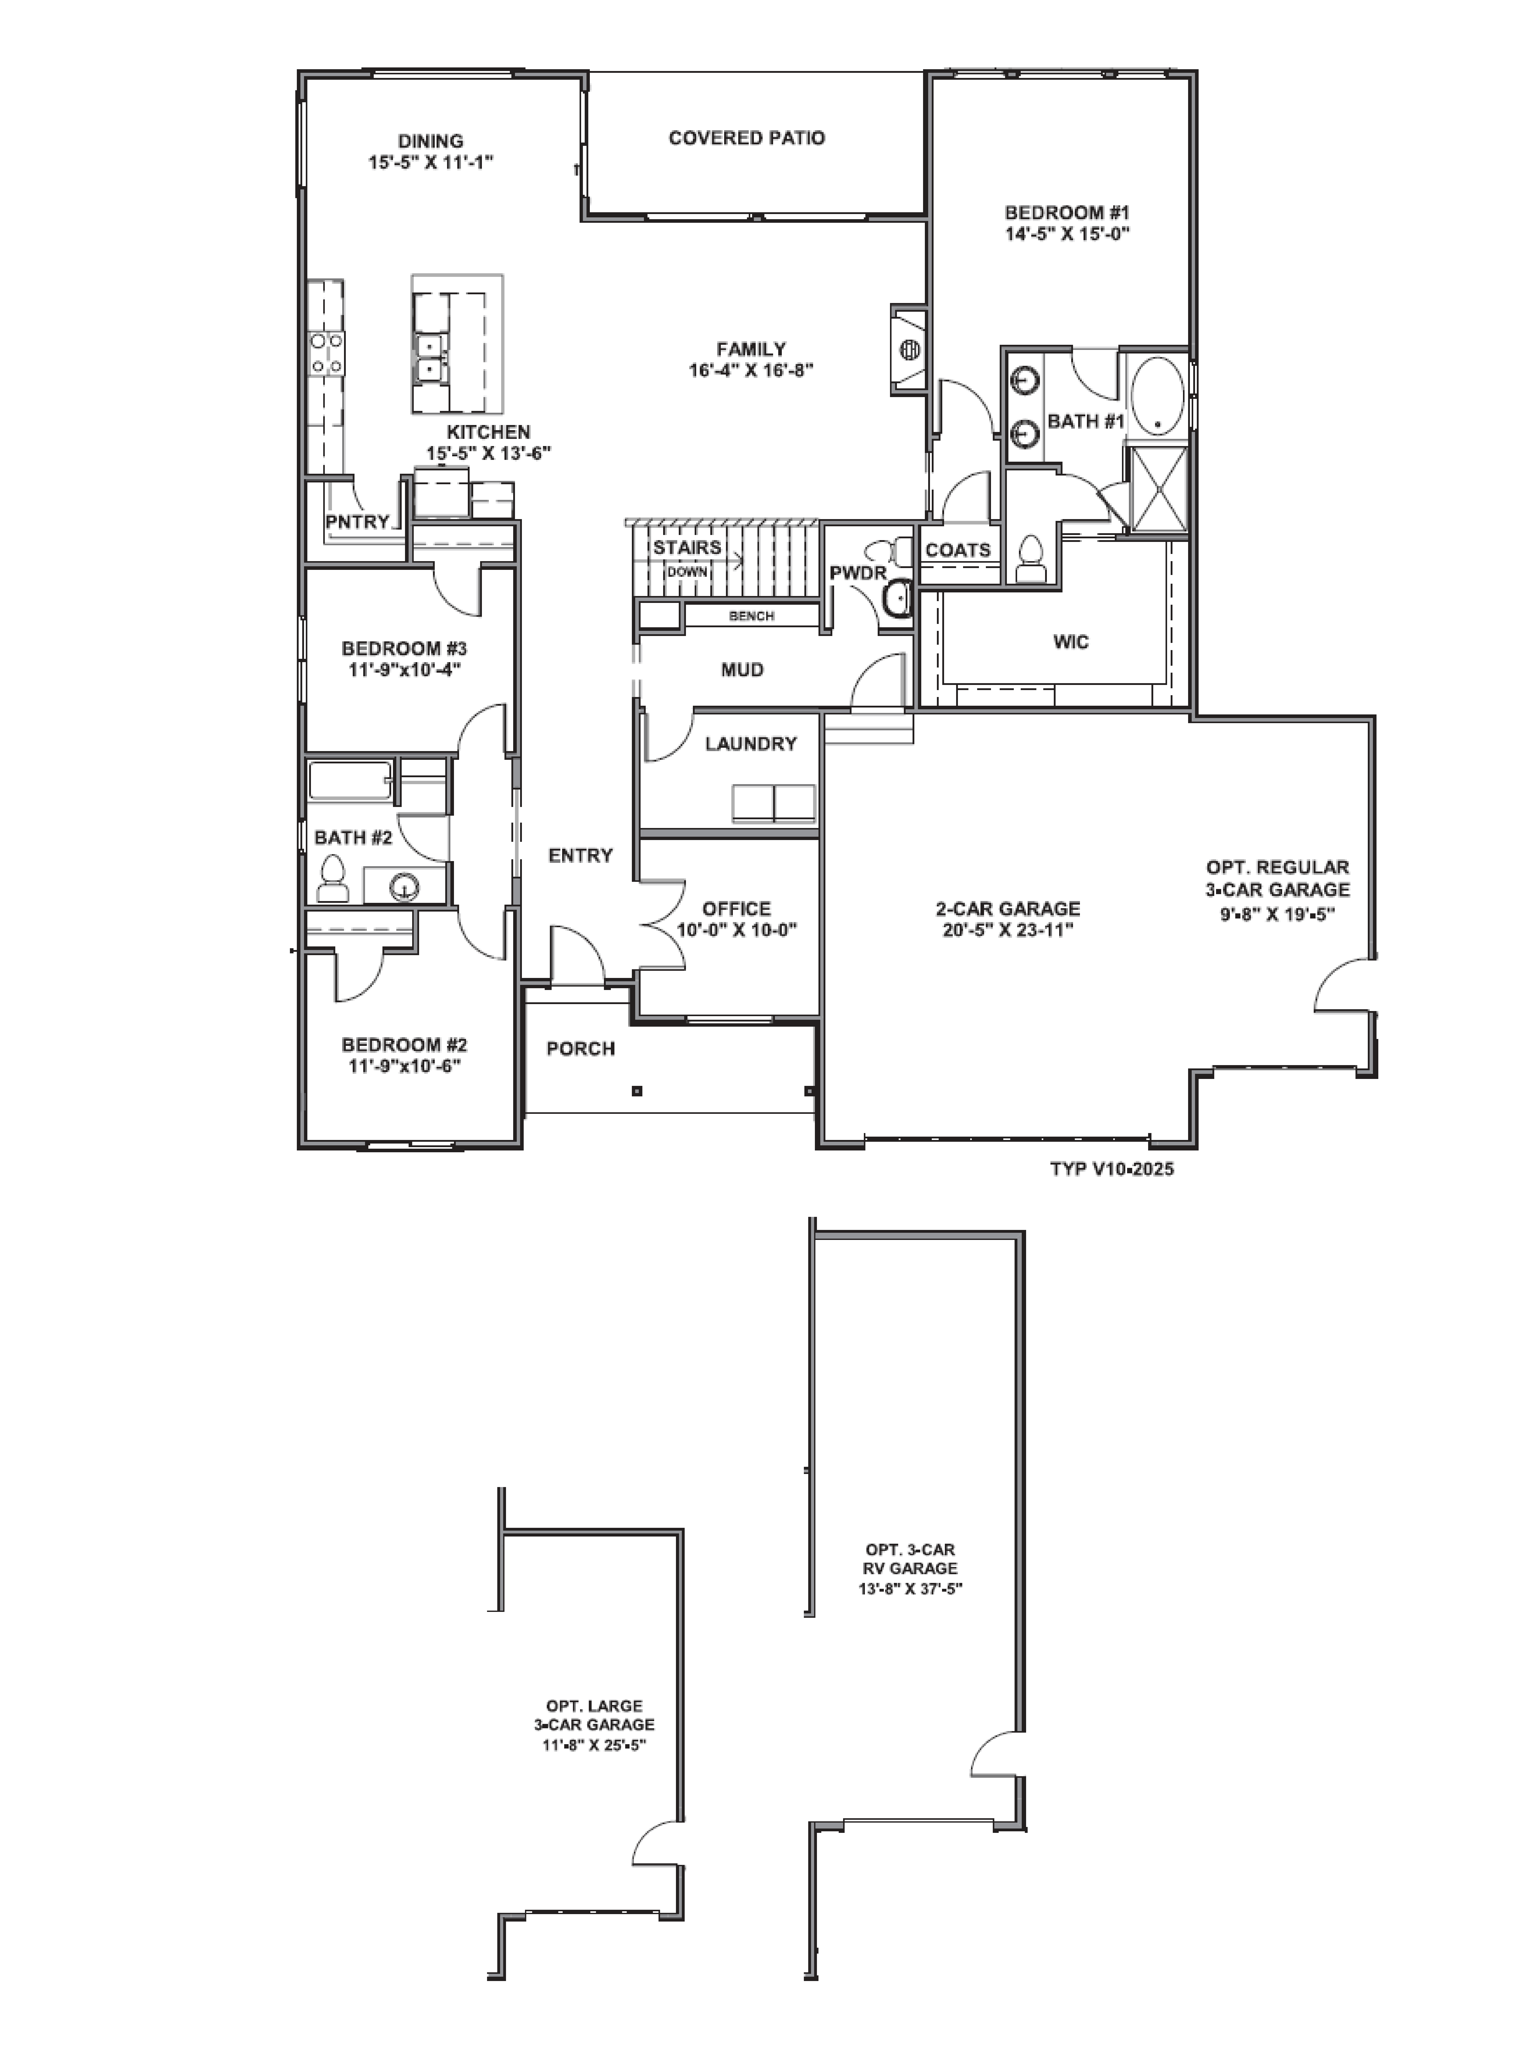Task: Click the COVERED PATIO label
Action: click(746, 138)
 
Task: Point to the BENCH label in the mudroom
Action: click(751, 616)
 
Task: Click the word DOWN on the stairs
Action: click(687, 572)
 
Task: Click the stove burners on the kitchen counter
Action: click(326, 353)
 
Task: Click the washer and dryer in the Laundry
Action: click(773, 803)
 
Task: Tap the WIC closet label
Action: click(1071, 642)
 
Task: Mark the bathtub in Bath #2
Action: click(349, 781)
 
